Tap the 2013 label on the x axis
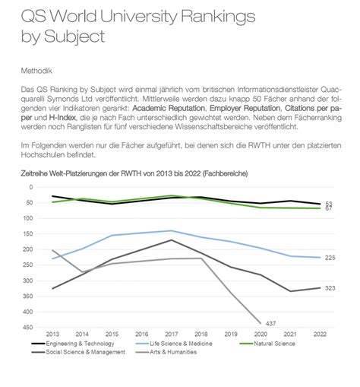point(53,335)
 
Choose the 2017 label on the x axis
point(172,335)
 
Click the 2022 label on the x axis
point(319,335)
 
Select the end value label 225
point(330,259)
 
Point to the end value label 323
point(330,288)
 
